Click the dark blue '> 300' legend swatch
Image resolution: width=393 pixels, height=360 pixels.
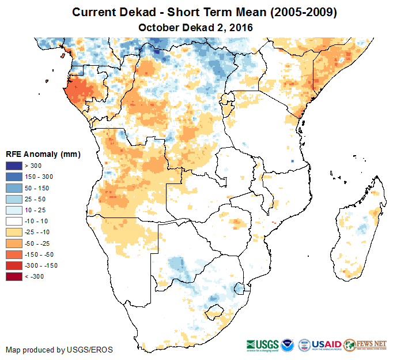pos(13,166)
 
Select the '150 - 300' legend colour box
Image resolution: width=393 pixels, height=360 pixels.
pos(13,177)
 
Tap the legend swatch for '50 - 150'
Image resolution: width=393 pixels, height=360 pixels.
pos(13,188)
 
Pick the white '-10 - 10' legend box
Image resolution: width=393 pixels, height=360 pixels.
pos(13,222)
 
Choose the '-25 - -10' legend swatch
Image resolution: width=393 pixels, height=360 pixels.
pos(13,232)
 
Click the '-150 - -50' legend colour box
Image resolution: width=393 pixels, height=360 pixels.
pos(13,254)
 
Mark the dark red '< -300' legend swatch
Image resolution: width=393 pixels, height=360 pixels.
pos(13,277)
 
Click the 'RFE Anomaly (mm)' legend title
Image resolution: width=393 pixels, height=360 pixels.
pos(43,155)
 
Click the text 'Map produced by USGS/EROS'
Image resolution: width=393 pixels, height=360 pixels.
pos(59,350)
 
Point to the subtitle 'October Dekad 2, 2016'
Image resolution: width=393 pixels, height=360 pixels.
pos(196,27)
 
